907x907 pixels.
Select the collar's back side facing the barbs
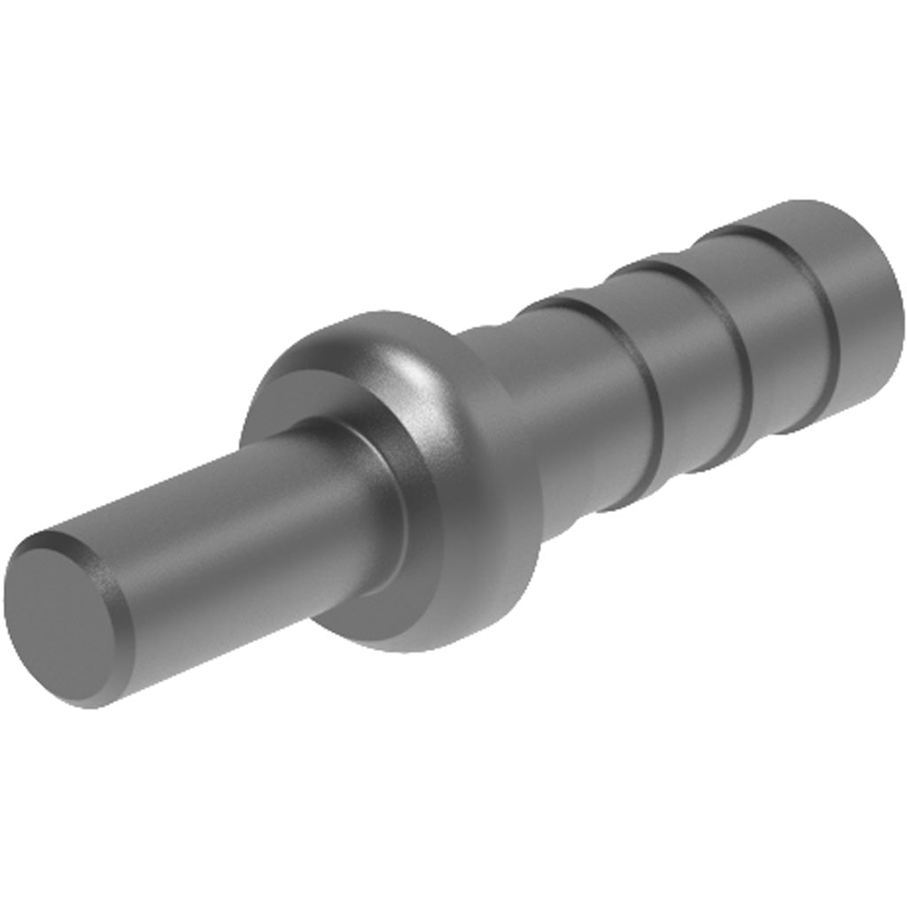pos(514,496)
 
